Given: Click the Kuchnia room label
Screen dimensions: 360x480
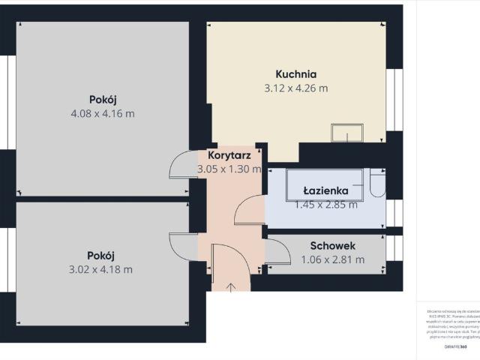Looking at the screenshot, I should (x=296, y=74).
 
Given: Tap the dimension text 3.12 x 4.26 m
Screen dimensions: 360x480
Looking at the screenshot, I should (x=296, y=88).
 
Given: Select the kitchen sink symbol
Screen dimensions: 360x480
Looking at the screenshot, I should (x=347, y=133).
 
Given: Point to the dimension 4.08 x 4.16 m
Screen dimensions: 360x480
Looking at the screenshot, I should (x=102, y=114).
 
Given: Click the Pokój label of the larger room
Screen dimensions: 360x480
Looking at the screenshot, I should (x=102, y=100).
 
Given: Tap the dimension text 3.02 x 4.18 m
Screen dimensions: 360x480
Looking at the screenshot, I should (x=100, y=270).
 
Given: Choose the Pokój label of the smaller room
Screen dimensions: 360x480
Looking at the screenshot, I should (x=100, y=256).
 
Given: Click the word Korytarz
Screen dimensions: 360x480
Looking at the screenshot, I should (x=229, y=155).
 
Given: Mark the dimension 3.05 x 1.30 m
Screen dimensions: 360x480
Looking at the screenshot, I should (x=229, y=169).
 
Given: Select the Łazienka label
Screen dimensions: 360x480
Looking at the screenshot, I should (x=325, y=190).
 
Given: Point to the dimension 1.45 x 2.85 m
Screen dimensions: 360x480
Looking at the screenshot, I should (x=325, y=204).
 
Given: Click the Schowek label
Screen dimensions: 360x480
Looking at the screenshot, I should (x=332, y=246).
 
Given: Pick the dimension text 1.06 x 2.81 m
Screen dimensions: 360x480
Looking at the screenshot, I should (x=332, y=260).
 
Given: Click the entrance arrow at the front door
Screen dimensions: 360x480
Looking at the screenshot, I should (x=231, y=286).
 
